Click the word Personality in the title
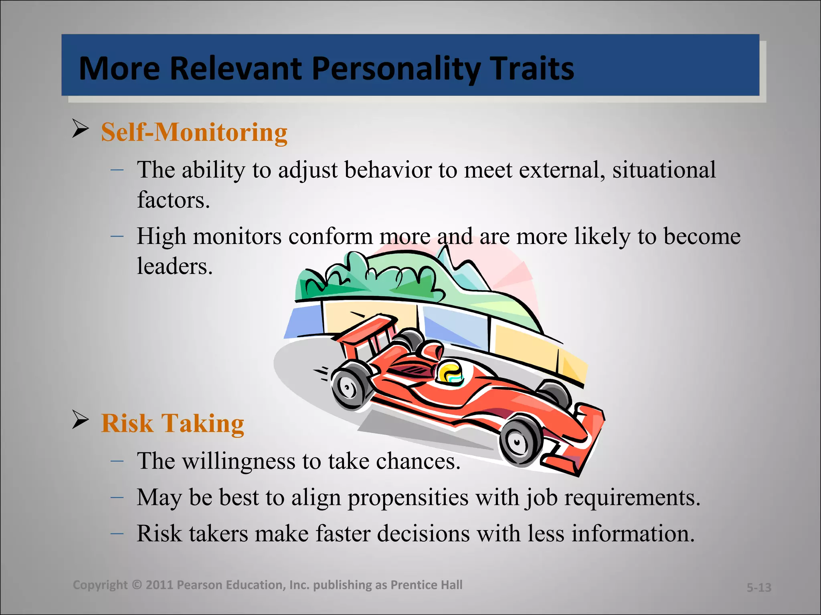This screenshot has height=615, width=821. coord(396,69)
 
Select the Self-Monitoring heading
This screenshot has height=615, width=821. coord(194,132)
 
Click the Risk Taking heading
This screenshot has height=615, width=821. coord(172,423)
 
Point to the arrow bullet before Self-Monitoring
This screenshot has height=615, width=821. coord(81,129)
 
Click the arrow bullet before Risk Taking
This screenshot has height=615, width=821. coord(81,420)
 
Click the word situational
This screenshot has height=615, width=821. coord(664,170)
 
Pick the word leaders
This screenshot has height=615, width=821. coord(174,266)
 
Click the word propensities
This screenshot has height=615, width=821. coord(408,498)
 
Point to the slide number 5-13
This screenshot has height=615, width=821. coord(759,587)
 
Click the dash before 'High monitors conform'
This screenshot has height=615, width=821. coord(117,236)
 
